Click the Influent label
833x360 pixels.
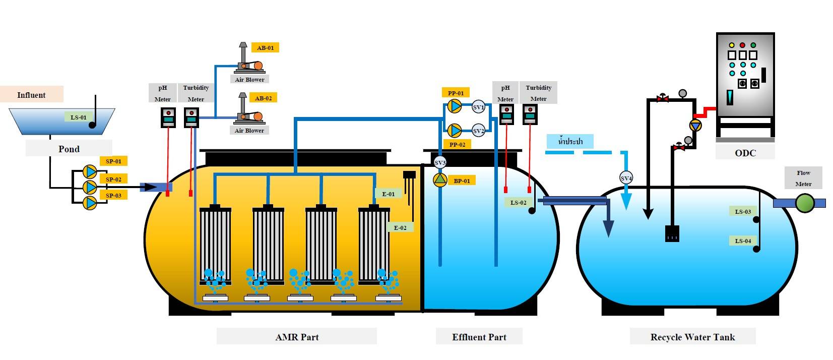pyautogui.click(x=31, y=95)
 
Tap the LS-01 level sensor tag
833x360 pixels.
pyautogui.click(x=78, y=117)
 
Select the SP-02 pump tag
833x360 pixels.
pyautogui.click(x=113, y=179)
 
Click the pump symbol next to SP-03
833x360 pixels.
pyautogui.click(x=90, y=203)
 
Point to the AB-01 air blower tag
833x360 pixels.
pyautogui.click(x=265, y=48)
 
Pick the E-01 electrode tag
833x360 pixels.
pyautogui.click(x=388, y=194)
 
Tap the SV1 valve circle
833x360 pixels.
pyautogui.click(x=478, y=107)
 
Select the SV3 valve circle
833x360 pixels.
pyautogui.click(x=440, y=163)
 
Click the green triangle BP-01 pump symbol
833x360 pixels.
pyautogui.click(x=440, y=180)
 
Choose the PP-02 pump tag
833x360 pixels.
pyautogui.click(x=457, y=145)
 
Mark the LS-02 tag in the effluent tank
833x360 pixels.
pyautogui.click(x=518, y=203)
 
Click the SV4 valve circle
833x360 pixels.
pyautogui.click(x=626, y=178)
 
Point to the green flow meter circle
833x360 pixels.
pyautogui.click(x=804, y=203)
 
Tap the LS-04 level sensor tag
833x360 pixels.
pyautogui.click(x=743, y=241)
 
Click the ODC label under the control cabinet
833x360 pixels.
pyautogui.click(x=745, y=153)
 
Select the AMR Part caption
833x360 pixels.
pyautogui.click(x=297, y=337)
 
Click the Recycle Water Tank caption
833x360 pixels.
pyautogui.click(x=692, y=337)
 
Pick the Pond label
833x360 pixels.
pyautogui.click(x=69, y=149)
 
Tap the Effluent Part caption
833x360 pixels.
pyautogui.click(x=479, y=337)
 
